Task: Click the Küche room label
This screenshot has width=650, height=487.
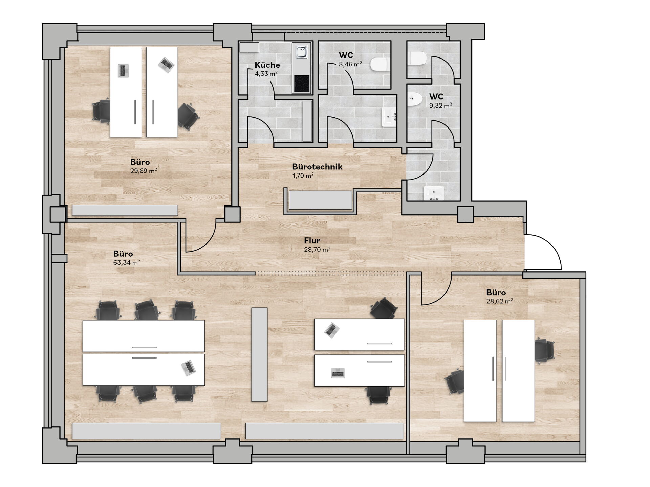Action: click(x=267, y=65)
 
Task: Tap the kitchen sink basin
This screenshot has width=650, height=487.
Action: click(x=301, y=52)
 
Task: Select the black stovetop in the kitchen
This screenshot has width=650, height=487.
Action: click(x=302, y=83)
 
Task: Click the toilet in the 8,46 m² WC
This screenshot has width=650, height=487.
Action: click(x=379, y=64)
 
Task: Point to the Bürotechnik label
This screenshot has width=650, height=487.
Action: click(x=317, y=167)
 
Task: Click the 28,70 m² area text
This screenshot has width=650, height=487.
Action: click(x=317, y=250)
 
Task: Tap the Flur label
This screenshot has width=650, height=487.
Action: click(x=312, y=241)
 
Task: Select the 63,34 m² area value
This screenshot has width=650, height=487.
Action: click(x=127, y=262)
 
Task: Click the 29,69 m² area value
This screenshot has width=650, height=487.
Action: click(x=144, y=171)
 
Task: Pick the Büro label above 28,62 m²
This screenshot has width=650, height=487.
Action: click(x=496, y=292)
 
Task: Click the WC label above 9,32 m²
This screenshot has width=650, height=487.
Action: click(x=436, y=97)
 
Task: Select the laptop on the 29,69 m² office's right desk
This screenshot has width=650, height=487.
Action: click(x=166, y=64)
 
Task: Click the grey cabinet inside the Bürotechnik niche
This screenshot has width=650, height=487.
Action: click(x=320, y=200)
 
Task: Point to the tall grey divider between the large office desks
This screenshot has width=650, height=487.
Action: click(x=259, y=354)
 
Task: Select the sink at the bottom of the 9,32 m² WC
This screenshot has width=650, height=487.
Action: click(x=434, y=193)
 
